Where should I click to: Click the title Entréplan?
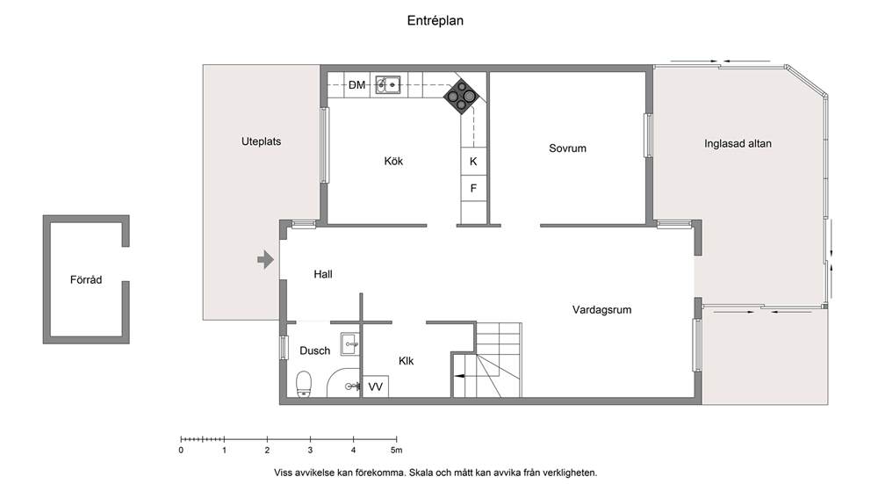click(435, 20)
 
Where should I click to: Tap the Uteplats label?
click(261, 141)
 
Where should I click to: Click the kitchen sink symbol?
click(388, 85)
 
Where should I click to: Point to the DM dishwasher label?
click(357, 85)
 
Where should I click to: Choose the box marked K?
click(473, 162)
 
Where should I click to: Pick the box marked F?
click(473, 189)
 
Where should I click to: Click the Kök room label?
click(393, 161)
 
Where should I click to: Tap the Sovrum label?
click(567, 148)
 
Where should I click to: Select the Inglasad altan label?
click(738, 143)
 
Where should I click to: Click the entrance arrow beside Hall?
click(265, 259)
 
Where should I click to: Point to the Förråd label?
click(86, 280)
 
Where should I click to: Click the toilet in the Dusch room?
click(303, 385)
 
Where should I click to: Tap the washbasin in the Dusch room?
click(349, 344)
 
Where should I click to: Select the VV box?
click(376, 386)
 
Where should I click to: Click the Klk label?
click(406, 361)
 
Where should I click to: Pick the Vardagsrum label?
click(601, 310)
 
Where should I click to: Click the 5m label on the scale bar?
click(396, 451)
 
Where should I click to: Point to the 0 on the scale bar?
click(181, 451)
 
